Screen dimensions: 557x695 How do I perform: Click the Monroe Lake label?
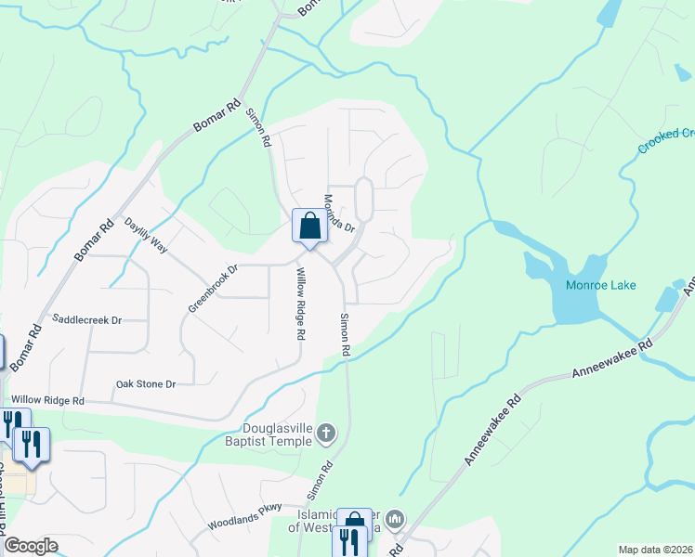pos(601,285)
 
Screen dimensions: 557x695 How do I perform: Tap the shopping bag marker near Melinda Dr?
pos(309,226)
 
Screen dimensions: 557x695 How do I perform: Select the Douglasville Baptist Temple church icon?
pos(325,432)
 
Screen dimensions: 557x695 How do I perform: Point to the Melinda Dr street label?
pos(340,214)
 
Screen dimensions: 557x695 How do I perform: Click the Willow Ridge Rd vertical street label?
pos(300,304)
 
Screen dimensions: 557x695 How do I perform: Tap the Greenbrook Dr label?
pos(214,289)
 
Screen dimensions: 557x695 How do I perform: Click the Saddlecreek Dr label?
pos(87,319)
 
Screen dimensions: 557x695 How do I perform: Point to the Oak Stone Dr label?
pos(145,382)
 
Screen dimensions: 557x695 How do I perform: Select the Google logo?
pos(31,546)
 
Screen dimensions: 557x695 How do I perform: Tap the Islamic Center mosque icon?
pos(395,518)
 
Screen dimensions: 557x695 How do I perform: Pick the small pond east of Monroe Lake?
pos(667,299)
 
